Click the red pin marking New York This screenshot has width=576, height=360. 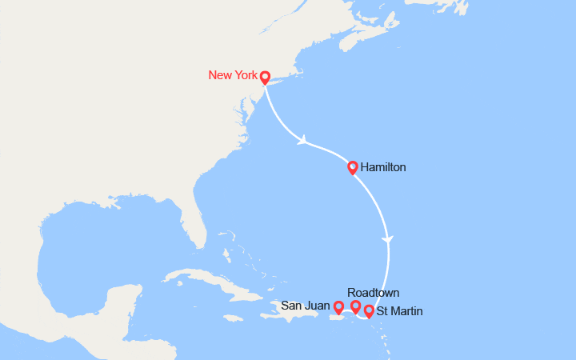click(265, 78)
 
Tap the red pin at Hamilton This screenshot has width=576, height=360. click(353, 166)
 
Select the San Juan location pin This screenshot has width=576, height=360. click(338, 306)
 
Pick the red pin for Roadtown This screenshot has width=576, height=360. click(356, 306)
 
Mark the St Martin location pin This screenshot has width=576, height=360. click(369, 310)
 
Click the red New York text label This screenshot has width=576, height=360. click(232, 75)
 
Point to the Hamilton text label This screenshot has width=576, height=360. click(383, 168)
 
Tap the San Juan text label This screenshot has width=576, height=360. click(305, 306)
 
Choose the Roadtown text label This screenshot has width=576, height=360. click(374, 293)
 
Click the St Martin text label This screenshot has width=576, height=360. click(400, 311)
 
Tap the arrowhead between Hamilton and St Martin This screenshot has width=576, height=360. click(389, 239)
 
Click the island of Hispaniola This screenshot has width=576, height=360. click(284, 315)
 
